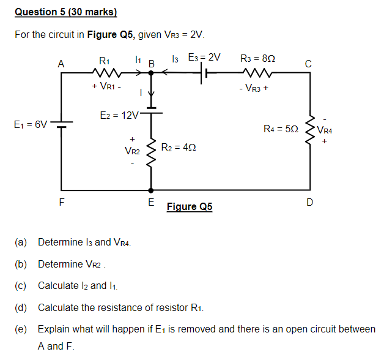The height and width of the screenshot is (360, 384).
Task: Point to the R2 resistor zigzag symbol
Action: tap(151, 148)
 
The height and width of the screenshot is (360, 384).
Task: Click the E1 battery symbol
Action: tap(61, 124)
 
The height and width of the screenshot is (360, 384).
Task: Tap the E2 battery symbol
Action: tap(151, 113)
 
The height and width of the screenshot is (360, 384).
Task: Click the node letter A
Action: tap(61, 62)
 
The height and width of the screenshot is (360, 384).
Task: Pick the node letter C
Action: tap(309, 62)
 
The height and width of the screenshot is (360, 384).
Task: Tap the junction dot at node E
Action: tap(151, 189)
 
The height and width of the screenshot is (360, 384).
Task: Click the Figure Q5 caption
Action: tap(190, 207)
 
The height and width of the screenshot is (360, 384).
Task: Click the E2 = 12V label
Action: tap(120, 114)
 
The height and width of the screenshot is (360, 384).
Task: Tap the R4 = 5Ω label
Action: tap(281, 129)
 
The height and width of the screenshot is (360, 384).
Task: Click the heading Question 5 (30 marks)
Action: tap(65, 12)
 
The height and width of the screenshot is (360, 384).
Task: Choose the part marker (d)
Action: tap(20, 307)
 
